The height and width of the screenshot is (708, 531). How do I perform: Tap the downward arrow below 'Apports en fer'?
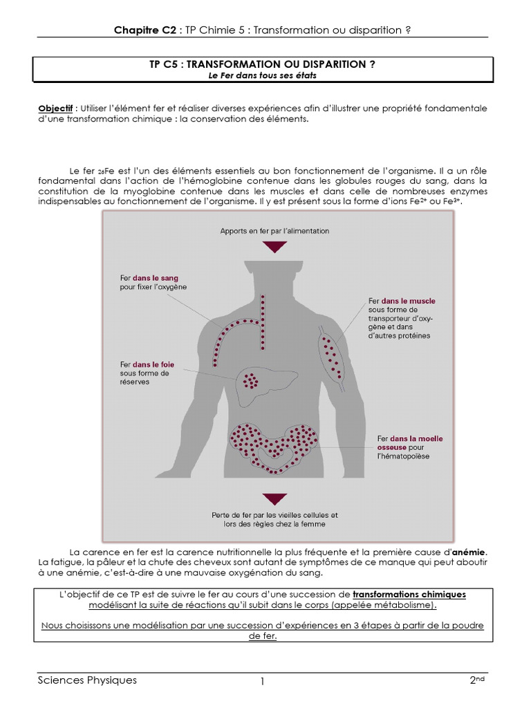[274, 246]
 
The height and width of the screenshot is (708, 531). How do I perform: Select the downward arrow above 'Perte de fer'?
[274, 499]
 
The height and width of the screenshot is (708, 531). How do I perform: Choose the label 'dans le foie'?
[155, 364]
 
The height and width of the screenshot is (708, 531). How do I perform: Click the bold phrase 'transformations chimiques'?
[409, 594]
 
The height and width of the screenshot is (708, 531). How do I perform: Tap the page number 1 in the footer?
[263, 682]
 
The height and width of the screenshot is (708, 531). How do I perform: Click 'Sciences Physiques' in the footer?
[87, 680]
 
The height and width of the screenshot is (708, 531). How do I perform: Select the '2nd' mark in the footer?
[477, 680]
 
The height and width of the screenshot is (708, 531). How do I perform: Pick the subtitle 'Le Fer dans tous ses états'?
[263, 75]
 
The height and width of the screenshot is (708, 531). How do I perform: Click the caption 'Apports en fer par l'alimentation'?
[274, 231]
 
